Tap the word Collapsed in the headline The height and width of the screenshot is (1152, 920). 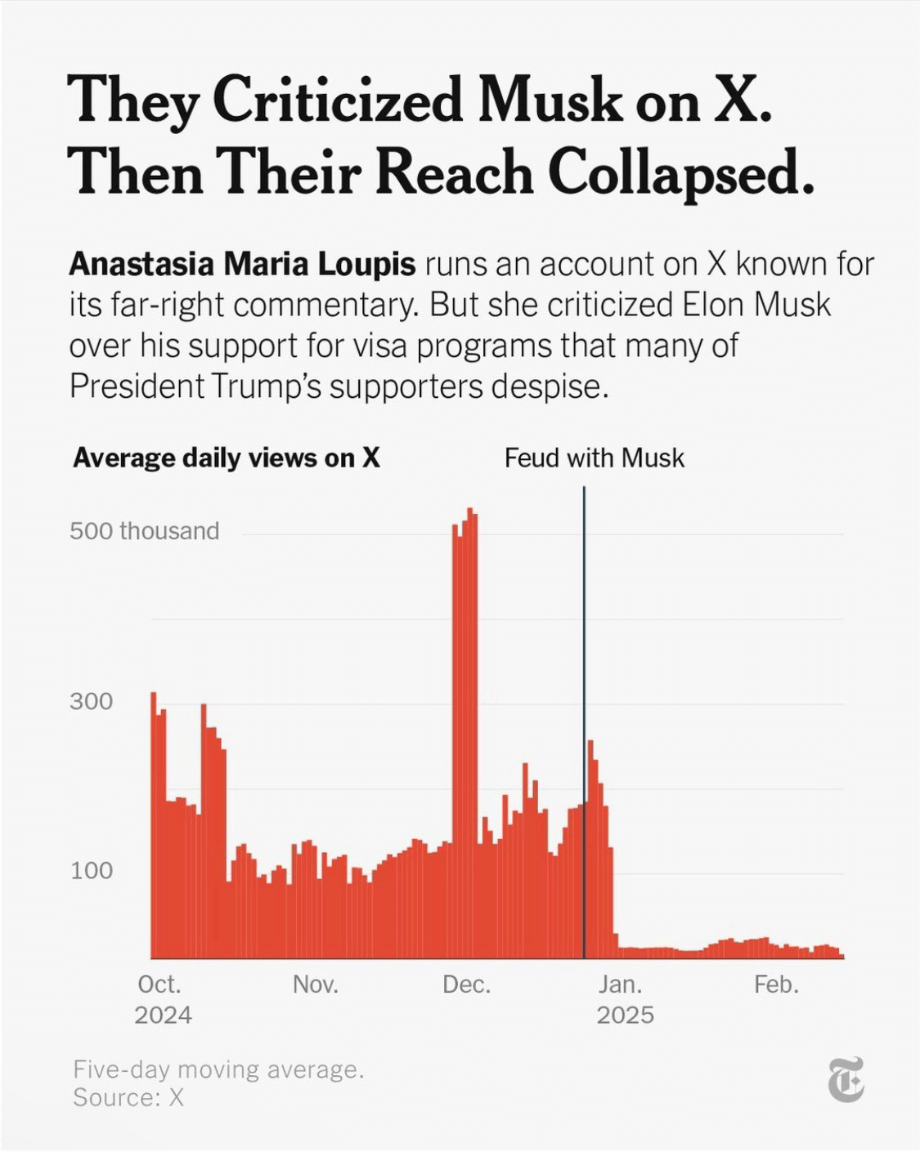click(x=680, y=174)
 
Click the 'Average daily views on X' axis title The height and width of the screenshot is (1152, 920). click(x=227, y=458)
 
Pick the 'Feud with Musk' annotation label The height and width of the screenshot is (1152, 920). click(x=594, y=458)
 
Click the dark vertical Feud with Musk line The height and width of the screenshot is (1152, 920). click(x=584, y=654)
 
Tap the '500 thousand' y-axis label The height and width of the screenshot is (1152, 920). click(x=144, y=531)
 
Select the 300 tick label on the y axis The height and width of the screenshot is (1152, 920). click(x=91, y=701)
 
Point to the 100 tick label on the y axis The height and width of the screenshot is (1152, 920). click(x=91, y=870)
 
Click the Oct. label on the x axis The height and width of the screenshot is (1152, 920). click(x=159, y=985)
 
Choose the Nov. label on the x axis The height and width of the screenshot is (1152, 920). click(x=315, y=985)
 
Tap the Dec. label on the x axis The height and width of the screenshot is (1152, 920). click(x=466, y=985)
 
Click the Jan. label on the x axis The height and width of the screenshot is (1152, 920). click(x=620, y=985)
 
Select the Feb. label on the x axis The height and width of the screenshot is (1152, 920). click(x=776, y=985)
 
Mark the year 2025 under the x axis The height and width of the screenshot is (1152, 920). click(x=625, y=1016)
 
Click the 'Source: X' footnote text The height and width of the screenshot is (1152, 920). click(x=128, y=1097)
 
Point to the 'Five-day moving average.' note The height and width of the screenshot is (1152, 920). click(x=218, y=1069)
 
